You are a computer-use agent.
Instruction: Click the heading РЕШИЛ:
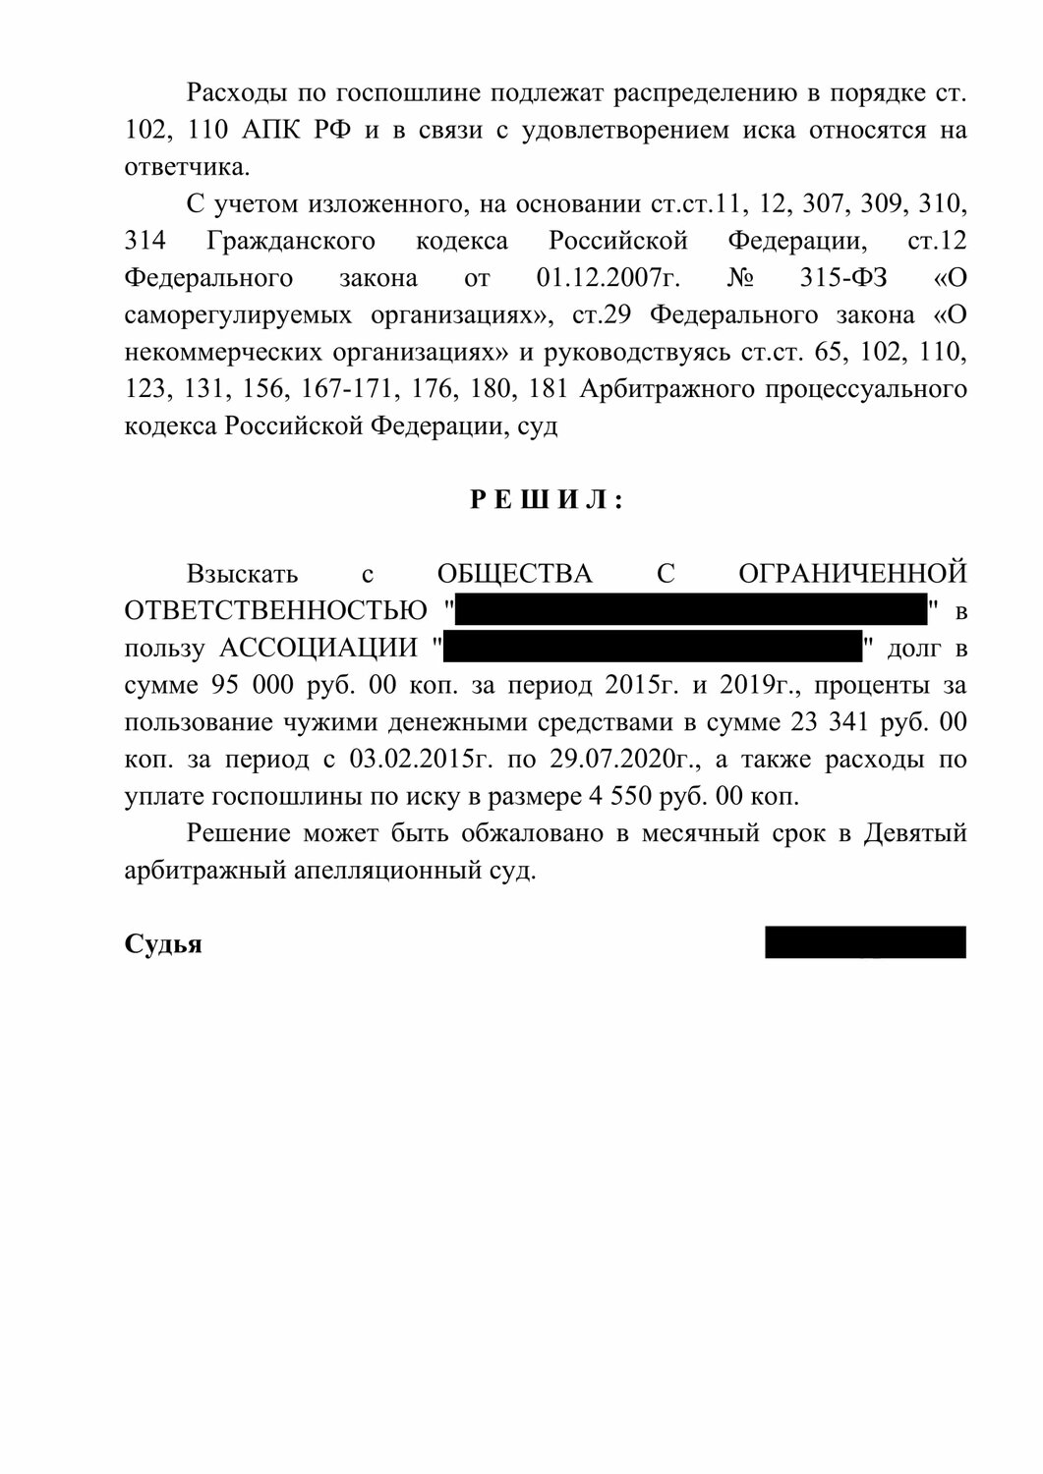546,501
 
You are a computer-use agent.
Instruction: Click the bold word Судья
163,944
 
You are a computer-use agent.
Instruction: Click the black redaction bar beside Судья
865,942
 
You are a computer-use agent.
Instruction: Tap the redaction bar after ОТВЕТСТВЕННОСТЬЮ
691,609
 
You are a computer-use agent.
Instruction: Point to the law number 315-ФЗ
844,278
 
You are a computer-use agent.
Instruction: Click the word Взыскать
243,574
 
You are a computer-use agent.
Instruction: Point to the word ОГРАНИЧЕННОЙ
852,574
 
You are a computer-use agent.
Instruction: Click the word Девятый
915,833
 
